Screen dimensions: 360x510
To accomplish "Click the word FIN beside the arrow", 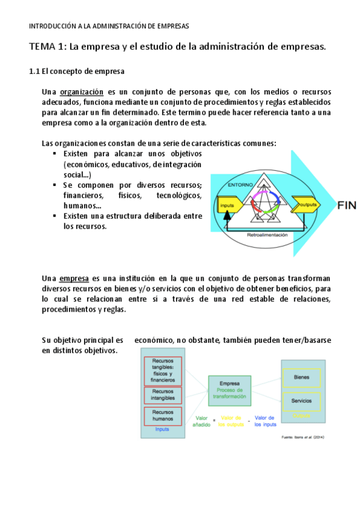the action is point(347,205).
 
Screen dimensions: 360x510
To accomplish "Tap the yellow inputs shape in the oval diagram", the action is point(228,205).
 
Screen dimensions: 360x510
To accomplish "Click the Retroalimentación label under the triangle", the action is point(267,235).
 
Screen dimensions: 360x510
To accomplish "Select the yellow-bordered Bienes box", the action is point(301,377).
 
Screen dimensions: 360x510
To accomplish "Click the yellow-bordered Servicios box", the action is point(301,400).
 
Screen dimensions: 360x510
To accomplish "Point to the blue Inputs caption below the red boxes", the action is point(162,429).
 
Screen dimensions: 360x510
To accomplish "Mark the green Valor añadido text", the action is point(201,421).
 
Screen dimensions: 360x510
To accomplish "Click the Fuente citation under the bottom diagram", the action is point(303,437).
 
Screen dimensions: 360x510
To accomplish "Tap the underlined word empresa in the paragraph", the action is point(74,278).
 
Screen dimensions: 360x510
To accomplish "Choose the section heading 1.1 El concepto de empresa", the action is point(76,71).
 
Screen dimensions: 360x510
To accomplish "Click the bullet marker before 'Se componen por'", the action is point(55,185).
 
